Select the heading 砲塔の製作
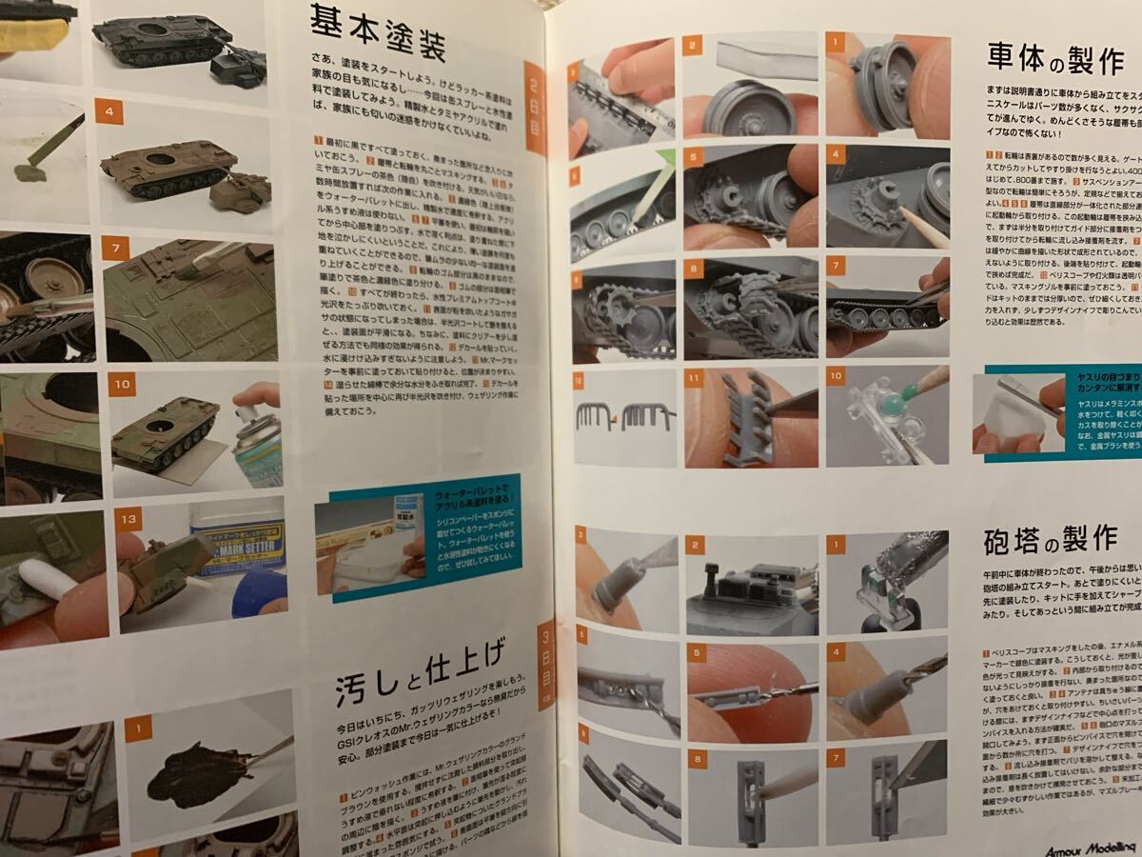1049,539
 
